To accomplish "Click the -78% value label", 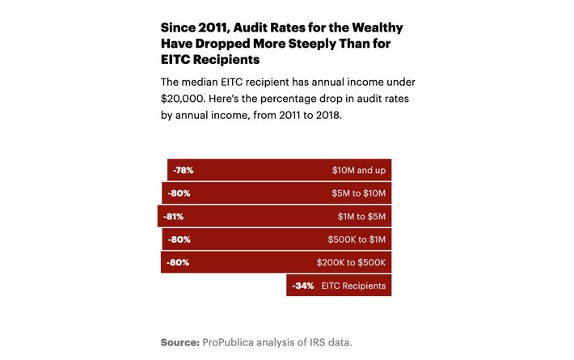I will [184, 171].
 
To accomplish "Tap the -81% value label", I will [174, 217].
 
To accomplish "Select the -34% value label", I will [303, 286].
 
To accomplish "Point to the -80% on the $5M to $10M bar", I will [179, 194].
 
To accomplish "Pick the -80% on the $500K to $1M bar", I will [179, 239].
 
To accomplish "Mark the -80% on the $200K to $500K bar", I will [178, 263].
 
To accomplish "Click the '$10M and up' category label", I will [359, 171].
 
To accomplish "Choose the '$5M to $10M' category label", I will [358, 194].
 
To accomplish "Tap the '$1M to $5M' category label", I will [362, 217].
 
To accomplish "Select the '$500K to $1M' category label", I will [356, 239].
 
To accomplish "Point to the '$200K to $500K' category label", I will [352, 263].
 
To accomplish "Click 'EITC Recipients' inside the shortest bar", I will [353, 286].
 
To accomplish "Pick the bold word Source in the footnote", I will [179, 342].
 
